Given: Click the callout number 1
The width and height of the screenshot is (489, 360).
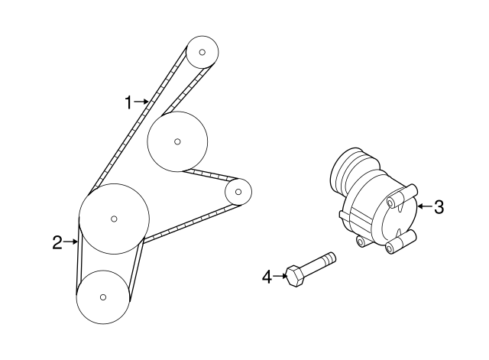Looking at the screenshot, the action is pyautogui.click(x=128, y=102).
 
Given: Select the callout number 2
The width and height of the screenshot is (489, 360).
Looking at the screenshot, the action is pyautogui.click(x=57, y=242).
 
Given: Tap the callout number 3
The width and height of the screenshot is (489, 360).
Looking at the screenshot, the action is pyautogui.click(x=439, y=207).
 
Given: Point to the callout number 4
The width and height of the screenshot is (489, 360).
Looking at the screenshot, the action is pyautogui.click(x=267, y=277).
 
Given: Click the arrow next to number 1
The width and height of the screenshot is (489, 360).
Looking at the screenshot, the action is pyautogui.click(x=141, y=102).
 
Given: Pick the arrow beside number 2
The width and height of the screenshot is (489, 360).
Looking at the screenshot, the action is pyautogui.click(x=70, y=242).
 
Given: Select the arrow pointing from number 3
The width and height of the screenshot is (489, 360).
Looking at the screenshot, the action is pyautogui.click(x=425, y=206).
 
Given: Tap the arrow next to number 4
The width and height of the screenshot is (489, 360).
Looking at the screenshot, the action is pyautogui.click(x=280, y=276).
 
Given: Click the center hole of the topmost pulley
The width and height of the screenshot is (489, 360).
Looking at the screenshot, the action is pyautogui.click(x=202, y=52).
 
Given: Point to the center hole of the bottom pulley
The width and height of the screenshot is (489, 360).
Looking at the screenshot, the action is pyautogui.click(x=103, y=297).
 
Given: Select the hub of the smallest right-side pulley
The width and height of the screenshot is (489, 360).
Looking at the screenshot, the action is pyautogui.click(x=238, y=192).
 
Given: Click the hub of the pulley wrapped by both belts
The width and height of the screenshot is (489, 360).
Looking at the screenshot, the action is pyautogui.click(x=114, y=219).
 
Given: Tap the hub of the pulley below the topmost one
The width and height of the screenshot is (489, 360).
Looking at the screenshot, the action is pyautogui.click(x=177, y=141).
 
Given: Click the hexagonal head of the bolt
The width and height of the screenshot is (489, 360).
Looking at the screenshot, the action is pyautogui.click(x=295, y=276).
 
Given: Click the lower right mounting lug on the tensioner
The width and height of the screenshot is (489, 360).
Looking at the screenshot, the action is pyautogui.click(x=400, y=242).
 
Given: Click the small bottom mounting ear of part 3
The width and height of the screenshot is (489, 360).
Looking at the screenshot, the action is pyautogui.click(x=361, y=242).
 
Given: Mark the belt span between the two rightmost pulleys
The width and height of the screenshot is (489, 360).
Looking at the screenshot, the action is pyautogui.click(x=210, y=176).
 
